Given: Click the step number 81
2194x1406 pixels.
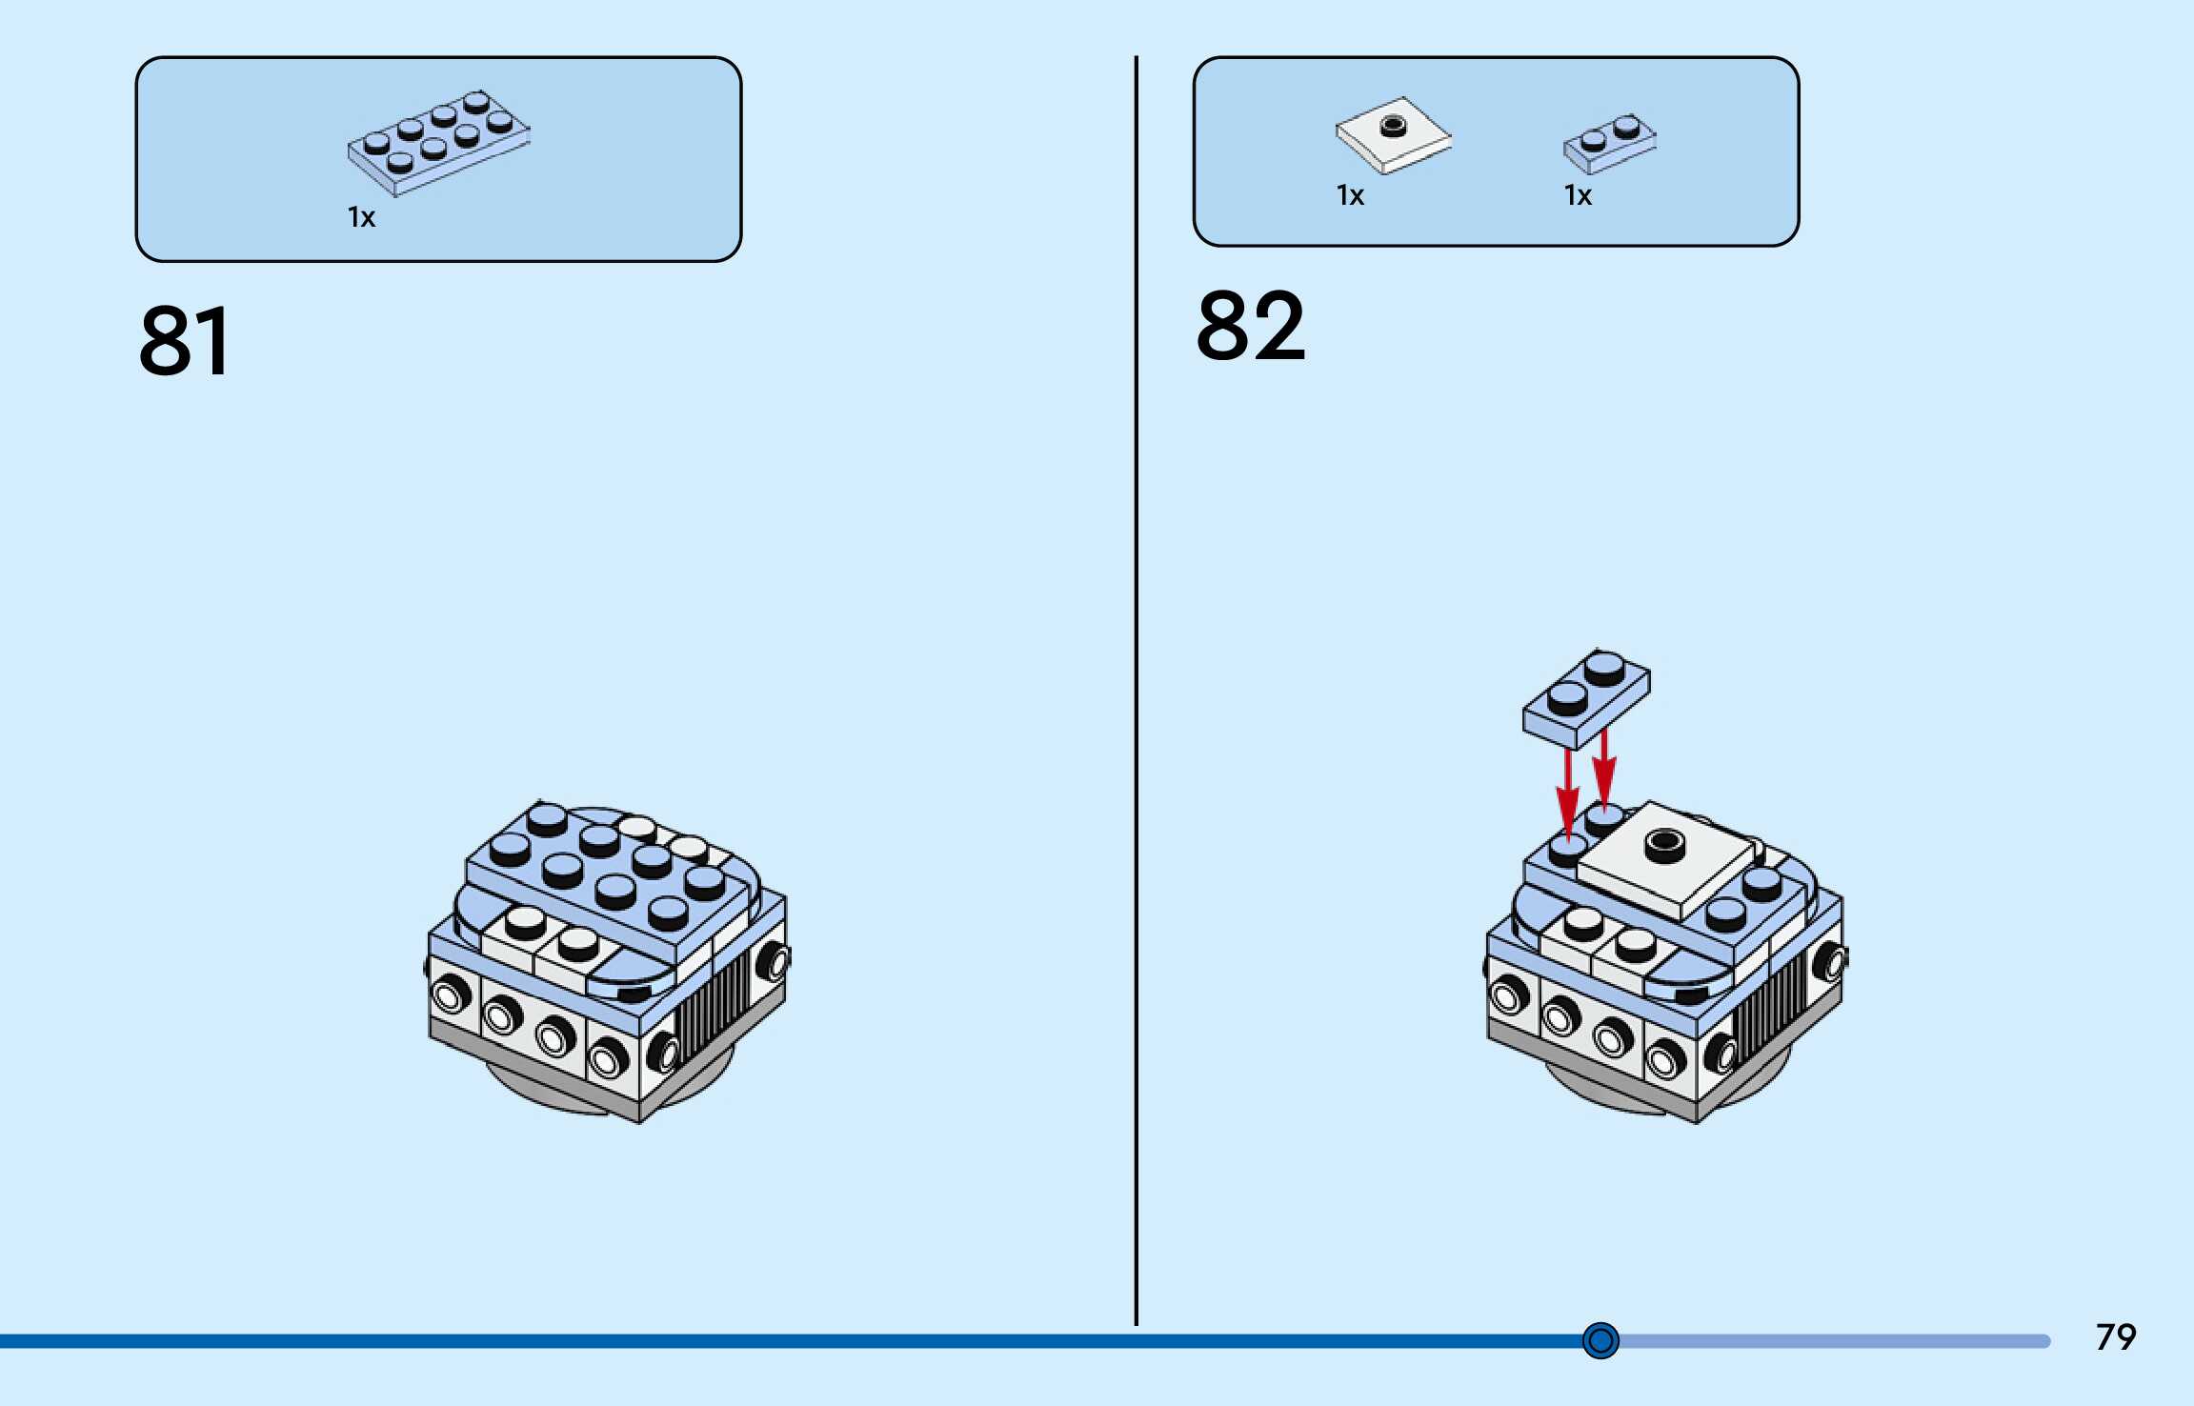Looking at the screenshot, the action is coord(185,342).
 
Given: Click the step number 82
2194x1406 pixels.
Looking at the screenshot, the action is coord(1250,327).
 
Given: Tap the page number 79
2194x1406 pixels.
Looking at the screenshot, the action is coord(2115,1337).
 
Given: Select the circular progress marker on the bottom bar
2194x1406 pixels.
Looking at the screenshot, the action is coord(1600,1341).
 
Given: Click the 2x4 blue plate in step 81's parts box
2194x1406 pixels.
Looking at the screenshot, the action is coord(438,143).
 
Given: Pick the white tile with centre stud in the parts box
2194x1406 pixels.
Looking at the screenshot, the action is coord(1393,135).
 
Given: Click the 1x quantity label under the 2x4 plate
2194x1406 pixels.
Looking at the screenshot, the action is coord(361,218).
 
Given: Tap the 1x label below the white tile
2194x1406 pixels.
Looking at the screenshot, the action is coord(1350,196).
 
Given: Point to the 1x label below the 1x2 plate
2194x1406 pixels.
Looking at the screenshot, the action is coord(1578,196).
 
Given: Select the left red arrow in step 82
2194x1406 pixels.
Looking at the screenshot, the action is coord(1567,791).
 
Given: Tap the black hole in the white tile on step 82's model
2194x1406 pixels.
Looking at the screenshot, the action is coord(1664,841).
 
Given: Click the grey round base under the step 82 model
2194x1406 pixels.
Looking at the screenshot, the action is coord(1600,1095).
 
